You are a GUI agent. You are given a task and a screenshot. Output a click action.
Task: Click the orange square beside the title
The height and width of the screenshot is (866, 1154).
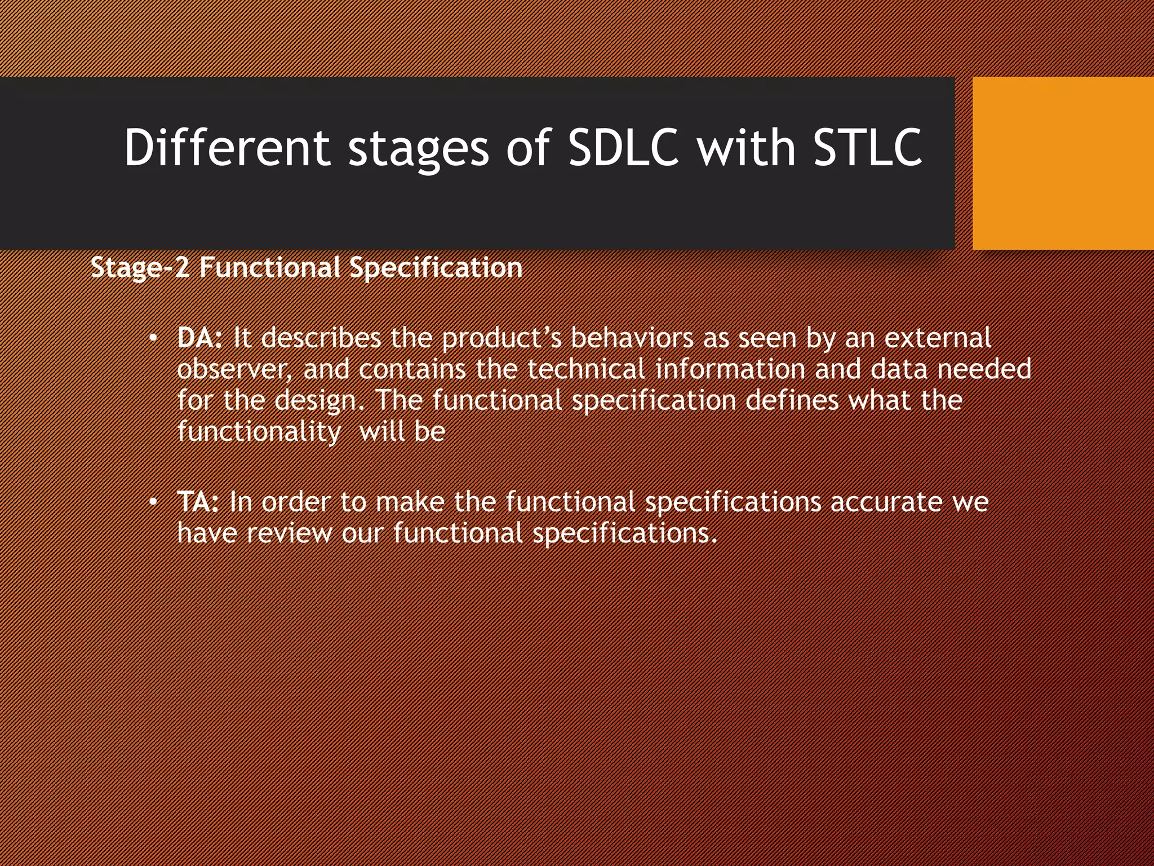pyautogui.click(x=1063, y=164)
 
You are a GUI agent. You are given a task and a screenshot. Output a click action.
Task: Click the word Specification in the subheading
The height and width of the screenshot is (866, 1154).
pyautogui.click(x=436, y=267)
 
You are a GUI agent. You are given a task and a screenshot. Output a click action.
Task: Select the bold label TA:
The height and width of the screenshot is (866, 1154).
pyautogui.click(x=198, y=502)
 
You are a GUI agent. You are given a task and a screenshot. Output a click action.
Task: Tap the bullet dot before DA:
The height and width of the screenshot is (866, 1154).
pyautogui.click(x=153, y=339)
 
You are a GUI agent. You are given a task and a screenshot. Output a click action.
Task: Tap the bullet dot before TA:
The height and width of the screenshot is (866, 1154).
pyautogui.click(x=153, y=502)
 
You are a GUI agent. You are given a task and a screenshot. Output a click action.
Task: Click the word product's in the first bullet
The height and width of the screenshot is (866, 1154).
pyautogui.click(x=501, y=338)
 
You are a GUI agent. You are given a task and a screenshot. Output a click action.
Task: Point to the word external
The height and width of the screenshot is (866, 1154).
pyautogui.click(x=938, y=338)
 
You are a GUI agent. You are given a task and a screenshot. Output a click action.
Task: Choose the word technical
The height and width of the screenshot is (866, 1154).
pyautogui.click(x=586, y=370)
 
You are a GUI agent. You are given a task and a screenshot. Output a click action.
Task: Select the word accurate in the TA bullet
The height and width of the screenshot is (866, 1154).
pyautogui.click(x=886, y=502)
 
